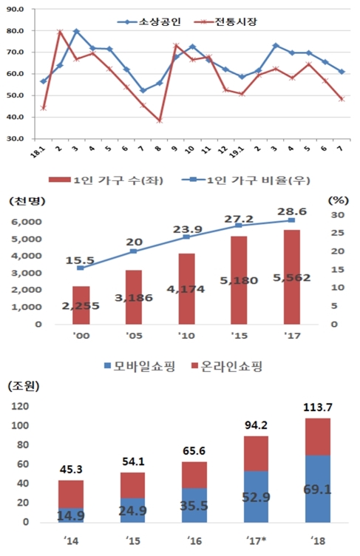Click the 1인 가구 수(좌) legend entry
pos(118,181)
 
